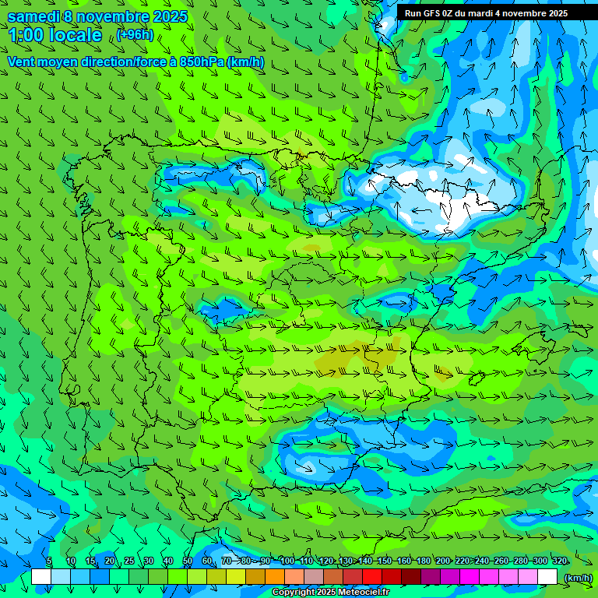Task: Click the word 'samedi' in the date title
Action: [x=33, y=16]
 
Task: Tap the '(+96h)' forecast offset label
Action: [x=135, y=34]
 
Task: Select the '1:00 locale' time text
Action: [x=55, y=35]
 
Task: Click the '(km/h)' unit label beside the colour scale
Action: [x=577, y=578]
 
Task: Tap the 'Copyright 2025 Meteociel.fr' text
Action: [x=331, y=593]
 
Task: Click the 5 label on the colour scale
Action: [x=49, y=561]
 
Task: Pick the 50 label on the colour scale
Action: [x=188, y=561]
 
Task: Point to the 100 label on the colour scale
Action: [x=287, y=561]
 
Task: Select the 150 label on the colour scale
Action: [x=384, y=561]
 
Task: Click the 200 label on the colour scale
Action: [x=443, y=561]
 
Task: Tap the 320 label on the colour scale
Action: [x=560, y=561]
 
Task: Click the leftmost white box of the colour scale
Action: [x=41, y=577]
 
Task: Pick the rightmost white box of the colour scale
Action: [x=547, y=577]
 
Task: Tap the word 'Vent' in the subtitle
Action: [x=22, y=62]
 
